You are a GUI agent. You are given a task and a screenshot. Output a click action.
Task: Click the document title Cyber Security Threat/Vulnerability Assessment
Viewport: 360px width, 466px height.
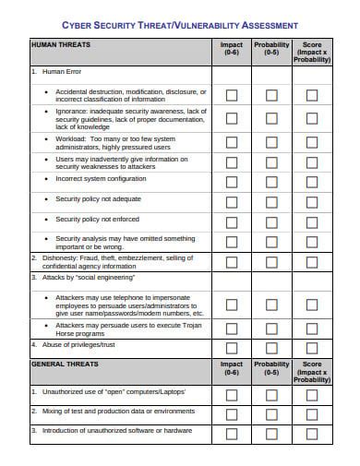click(179, 25)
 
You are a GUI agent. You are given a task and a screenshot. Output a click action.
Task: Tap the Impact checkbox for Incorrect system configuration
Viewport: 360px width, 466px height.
click(231, 179)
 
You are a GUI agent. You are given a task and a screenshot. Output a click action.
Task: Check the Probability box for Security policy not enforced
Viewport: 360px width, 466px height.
click(271, 221)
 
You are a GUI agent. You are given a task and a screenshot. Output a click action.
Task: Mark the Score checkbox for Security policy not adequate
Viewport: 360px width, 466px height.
click(312, 199)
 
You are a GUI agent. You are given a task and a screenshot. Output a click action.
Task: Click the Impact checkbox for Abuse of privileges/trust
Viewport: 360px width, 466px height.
click(231, 346)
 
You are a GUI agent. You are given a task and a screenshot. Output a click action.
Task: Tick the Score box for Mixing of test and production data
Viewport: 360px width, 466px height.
click(312, 412)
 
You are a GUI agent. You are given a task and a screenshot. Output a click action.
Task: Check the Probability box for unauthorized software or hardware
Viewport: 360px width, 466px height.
click(271, 431)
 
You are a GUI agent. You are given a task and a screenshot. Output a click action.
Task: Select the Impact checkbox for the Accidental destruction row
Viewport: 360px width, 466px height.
click(231, 95)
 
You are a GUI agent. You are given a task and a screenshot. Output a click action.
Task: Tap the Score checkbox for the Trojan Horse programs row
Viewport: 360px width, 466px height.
click(312, 328)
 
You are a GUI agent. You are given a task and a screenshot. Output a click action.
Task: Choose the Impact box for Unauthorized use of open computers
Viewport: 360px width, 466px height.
click(231, 392)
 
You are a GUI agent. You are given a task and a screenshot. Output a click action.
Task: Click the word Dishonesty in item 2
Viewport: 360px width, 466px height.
click(56, 257)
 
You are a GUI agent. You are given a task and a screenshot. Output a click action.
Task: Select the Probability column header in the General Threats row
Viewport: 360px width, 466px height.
click(271, 368)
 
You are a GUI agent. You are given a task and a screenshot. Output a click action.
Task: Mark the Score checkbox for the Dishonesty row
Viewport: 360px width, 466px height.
click(312, 262)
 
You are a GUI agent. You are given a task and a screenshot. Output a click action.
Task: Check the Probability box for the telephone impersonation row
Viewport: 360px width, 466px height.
click(271, 304)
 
